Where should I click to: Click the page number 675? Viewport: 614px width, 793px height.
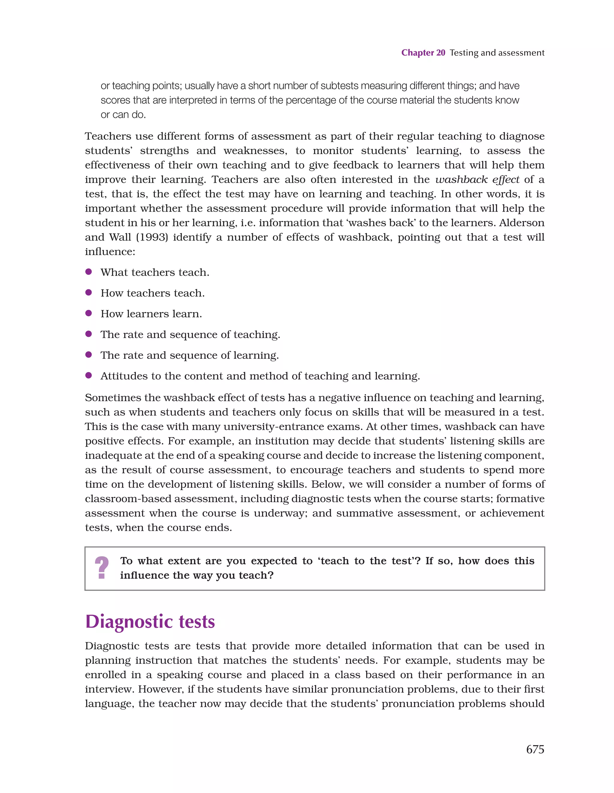(535, 749)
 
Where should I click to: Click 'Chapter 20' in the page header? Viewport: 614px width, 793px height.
(423, 53)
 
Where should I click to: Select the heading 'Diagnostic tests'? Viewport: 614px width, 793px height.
(150, 622)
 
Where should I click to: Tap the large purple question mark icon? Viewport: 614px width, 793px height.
(102, 568)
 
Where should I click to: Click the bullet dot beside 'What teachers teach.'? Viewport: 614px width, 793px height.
(88, 272)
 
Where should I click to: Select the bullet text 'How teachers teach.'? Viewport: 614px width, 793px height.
(153, 293)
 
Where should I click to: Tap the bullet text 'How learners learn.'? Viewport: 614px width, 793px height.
(151, 314)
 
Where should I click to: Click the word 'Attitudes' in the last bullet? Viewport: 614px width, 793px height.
(124, 376)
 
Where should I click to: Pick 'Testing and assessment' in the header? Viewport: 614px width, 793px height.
(497, 53)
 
